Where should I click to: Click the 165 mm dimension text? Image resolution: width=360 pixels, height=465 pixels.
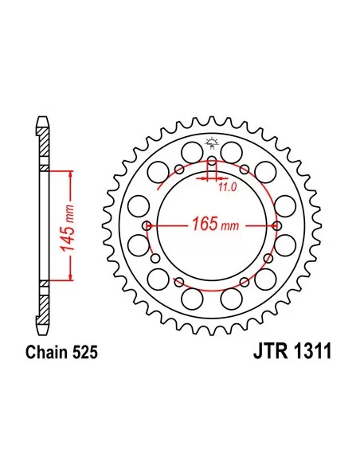(x=215, y=224)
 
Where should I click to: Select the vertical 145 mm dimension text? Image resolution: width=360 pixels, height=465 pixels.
(x=67, y=228)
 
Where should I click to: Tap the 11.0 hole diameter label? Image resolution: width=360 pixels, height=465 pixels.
(x=228, y=187)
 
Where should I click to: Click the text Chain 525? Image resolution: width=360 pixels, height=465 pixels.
(x=61, y=353)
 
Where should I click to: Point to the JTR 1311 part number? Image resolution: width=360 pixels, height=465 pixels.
(x=292, y=351)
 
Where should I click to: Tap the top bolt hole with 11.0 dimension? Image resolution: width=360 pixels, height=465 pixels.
(x=212, y=162)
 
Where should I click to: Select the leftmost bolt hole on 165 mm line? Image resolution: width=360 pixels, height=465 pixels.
(x=147, y=226)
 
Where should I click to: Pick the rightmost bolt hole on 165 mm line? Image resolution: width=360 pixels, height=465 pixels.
(x=276, y=226)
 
